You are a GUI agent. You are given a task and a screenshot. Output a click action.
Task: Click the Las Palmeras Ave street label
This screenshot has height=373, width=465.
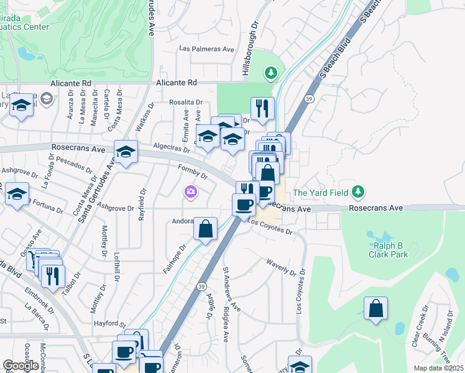coord(206,48)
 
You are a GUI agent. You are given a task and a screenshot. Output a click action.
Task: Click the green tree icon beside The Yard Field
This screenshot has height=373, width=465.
coord(357,192)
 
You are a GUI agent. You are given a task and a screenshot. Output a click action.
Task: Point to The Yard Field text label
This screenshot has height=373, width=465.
coord(320,193)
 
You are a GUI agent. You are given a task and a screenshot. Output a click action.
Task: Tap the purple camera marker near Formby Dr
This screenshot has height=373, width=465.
coord(190,193)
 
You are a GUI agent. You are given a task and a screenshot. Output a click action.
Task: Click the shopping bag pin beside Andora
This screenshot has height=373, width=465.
coord(205,229)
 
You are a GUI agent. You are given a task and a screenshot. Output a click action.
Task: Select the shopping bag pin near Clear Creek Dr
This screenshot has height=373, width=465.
coord(375,309)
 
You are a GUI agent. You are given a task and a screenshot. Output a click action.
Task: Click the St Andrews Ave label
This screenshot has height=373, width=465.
coord(231,290)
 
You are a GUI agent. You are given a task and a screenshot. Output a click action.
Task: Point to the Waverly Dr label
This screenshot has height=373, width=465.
coord(282,267)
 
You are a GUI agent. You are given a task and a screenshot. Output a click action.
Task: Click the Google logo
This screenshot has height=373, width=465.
coord(21,366)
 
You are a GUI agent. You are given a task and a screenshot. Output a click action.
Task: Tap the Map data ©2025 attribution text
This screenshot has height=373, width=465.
coord(438,368)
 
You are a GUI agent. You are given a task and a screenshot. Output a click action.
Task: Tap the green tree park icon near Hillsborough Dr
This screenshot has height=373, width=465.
coord(270,73)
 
